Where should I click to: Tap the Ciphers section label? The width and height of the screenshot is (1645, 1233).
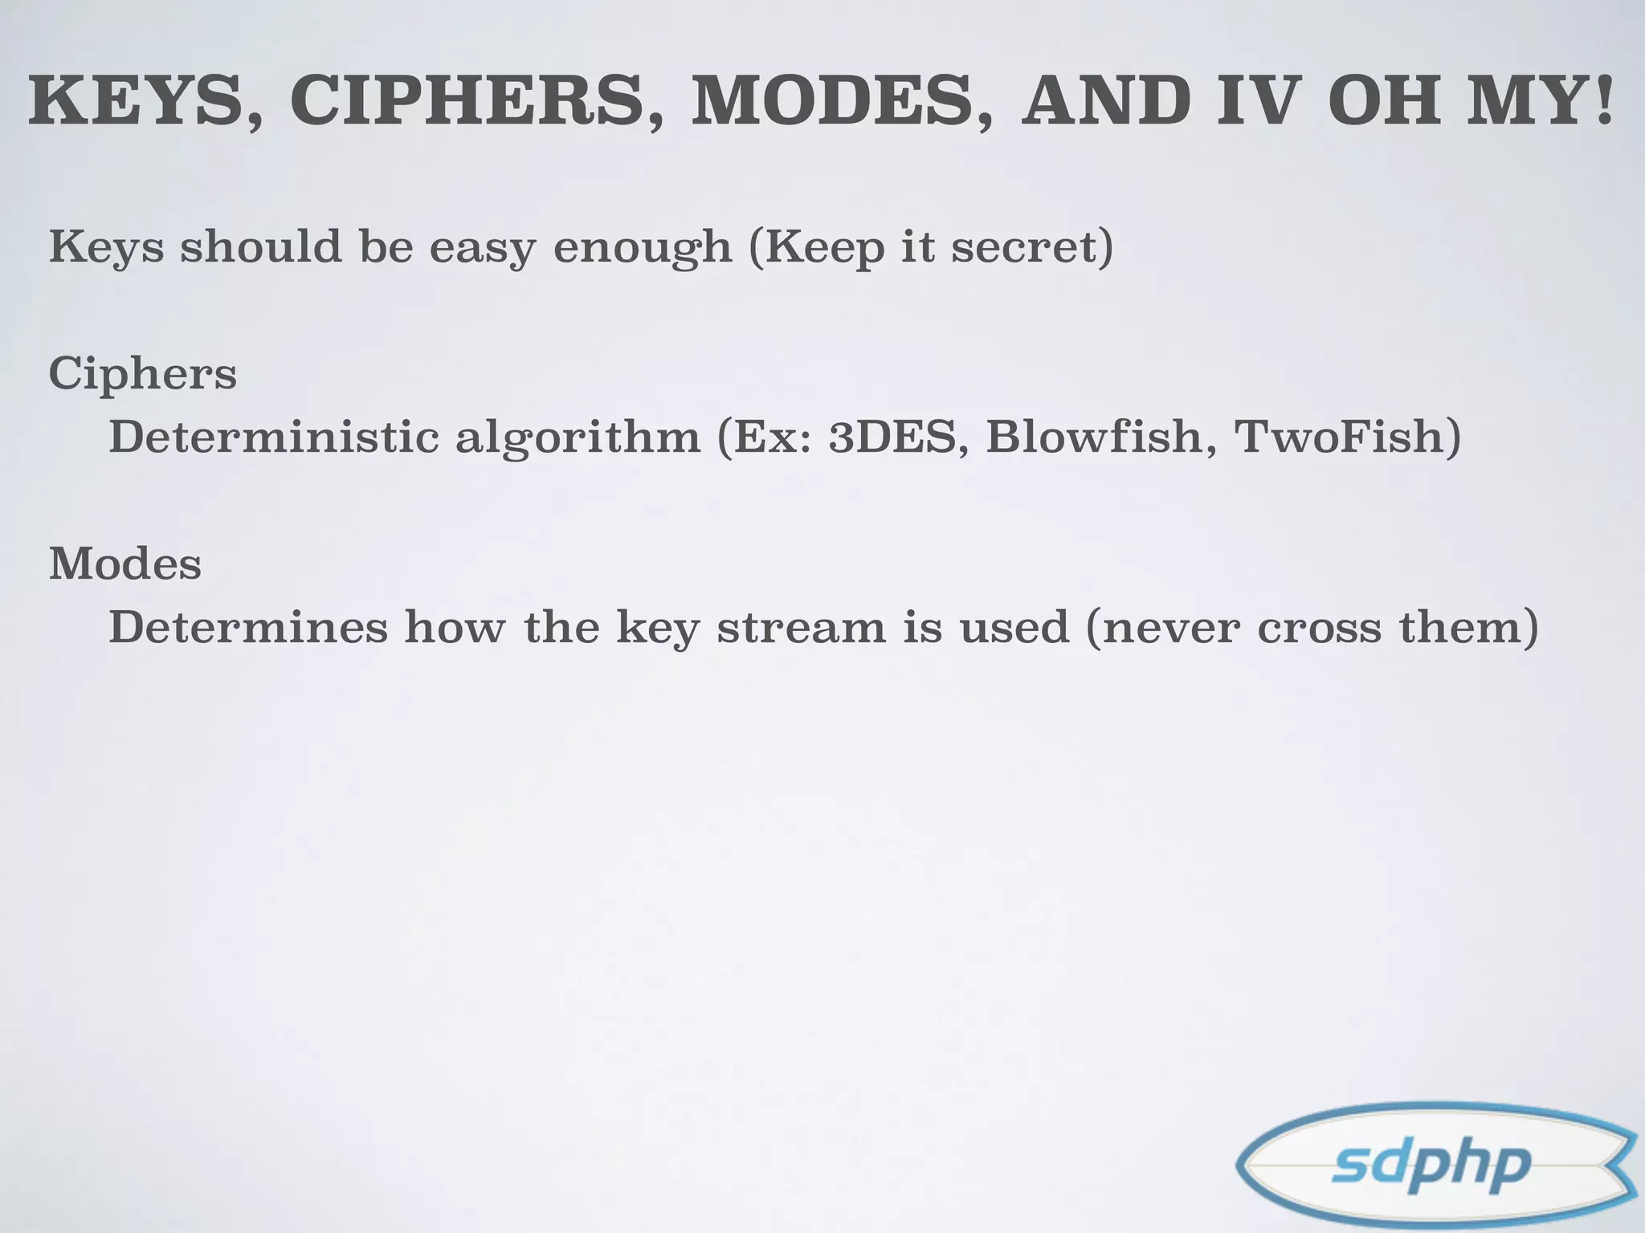click(143, 374)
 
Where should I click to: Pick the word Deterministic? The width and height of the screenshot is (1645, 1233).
click(274, 437)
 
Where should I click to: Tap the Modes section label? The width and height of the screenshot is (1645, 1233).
click(125, 564)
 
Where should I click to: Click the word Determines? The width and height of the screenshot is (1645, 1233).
click(248, 627)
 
